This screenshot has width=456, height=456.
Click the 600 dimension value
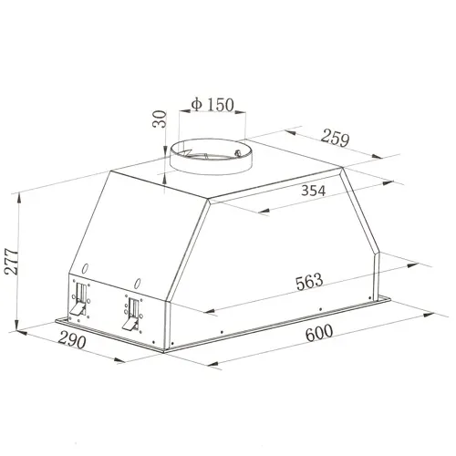pyautogui.click(x=319, y=333)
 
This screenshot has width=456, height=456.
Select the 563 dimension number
pyautogui.click(x=309, y=282)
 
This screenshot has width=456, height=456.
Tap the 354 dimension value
pyautogui.click(x=313, y=191)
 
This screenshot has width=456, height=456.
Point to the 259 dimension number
pyautogui.click(x=336, y=138)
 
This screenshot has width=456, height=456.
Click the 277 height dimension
pyautogui.click(x=12, y=261)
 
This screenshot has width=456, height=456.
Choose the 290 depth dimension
pyautogui.click(x=72, y=339)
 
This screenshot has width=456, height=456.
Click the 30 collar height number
pyautogui.click(x=160, y=119)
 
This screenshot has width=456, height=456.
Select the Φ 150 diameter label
pyautogui.click(x=212, y=105)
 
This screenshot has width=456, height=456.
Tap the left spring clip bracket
pyautogui.click(x=79, y=299)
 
